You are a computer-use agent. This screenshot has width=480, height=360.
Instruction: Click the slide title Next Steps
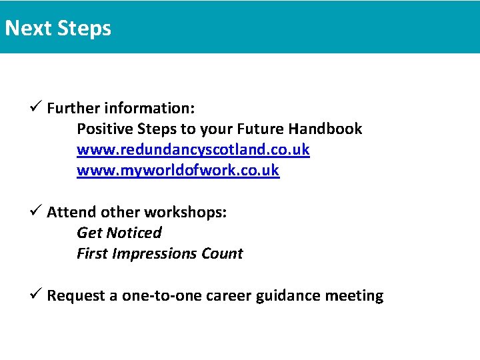58,29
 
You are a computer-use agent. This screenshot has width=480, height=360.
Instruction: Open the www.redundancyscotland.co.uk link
193,149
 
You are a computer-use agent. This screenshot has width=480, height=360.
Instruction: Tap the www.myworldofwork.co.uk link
178,170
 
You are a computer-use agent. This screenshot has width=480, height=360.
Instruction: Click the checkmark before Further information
37,107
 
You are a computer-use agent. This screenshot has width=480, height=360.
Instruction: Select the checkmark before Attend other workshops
37,211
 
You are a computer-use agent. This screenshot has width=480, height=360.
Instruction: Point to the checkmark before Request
37,295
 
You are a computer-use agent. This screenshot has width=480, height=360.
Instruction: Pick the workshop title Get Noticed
119,233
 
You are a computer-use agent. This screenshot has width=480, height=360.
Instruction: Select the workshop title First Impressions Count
159,253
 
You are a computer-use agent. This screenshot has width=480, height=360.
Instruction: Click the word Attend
71,212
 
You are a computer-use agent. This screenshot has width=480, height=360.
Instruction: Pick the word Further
73,108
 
